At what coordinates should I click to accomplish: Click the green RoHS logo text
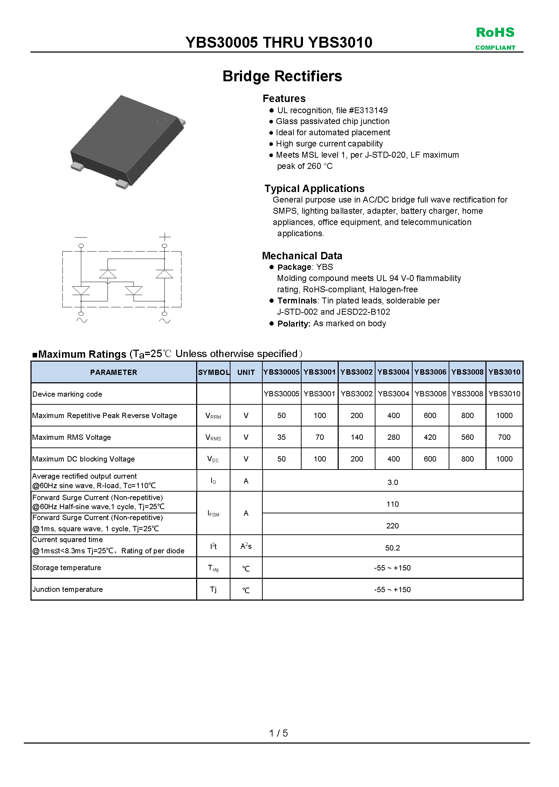click(495, 33)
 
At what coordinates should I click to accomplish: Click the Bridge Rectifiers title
click(282, 76)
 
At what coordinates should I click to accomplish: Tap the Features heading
click(284, 98)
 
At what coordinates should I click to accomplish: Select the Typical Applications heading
click(314, 189)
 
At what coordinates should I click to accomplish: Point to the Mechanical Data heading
click(302, 256)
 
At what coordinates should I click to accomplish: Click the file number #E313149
click(368, 110)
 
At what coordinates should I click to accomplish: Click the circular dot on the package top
click(161, 122)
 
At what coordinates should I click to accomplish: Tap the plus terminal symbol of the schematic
click(165, 237)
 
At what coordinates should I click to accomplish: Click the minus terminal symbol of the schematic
click(81, 237)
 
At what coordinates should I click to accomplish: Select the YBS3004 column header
click(393, 372)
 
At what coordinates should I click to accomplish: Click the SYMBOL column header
click(213, 372)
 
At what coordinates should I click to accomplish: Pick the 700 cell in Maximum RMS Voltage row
click(504, 437)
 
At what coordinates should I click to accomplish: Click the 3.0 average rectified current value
click(393, 483)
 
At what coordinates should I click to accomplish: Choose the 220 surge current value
click(392, 526)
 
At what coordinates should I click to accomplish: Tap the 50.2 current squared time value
click(392, 548)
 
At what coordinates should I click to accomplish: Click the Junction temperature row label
click(68, 590)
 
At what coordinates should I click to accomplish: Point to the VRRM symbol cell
click(213, 416)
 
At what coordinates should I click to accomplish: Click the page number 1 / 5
click(278, 733)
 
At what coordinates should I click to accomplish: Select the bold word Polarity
click(294, 324)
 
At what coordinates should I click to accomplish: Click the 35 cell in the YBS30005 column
click(281, 437)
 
